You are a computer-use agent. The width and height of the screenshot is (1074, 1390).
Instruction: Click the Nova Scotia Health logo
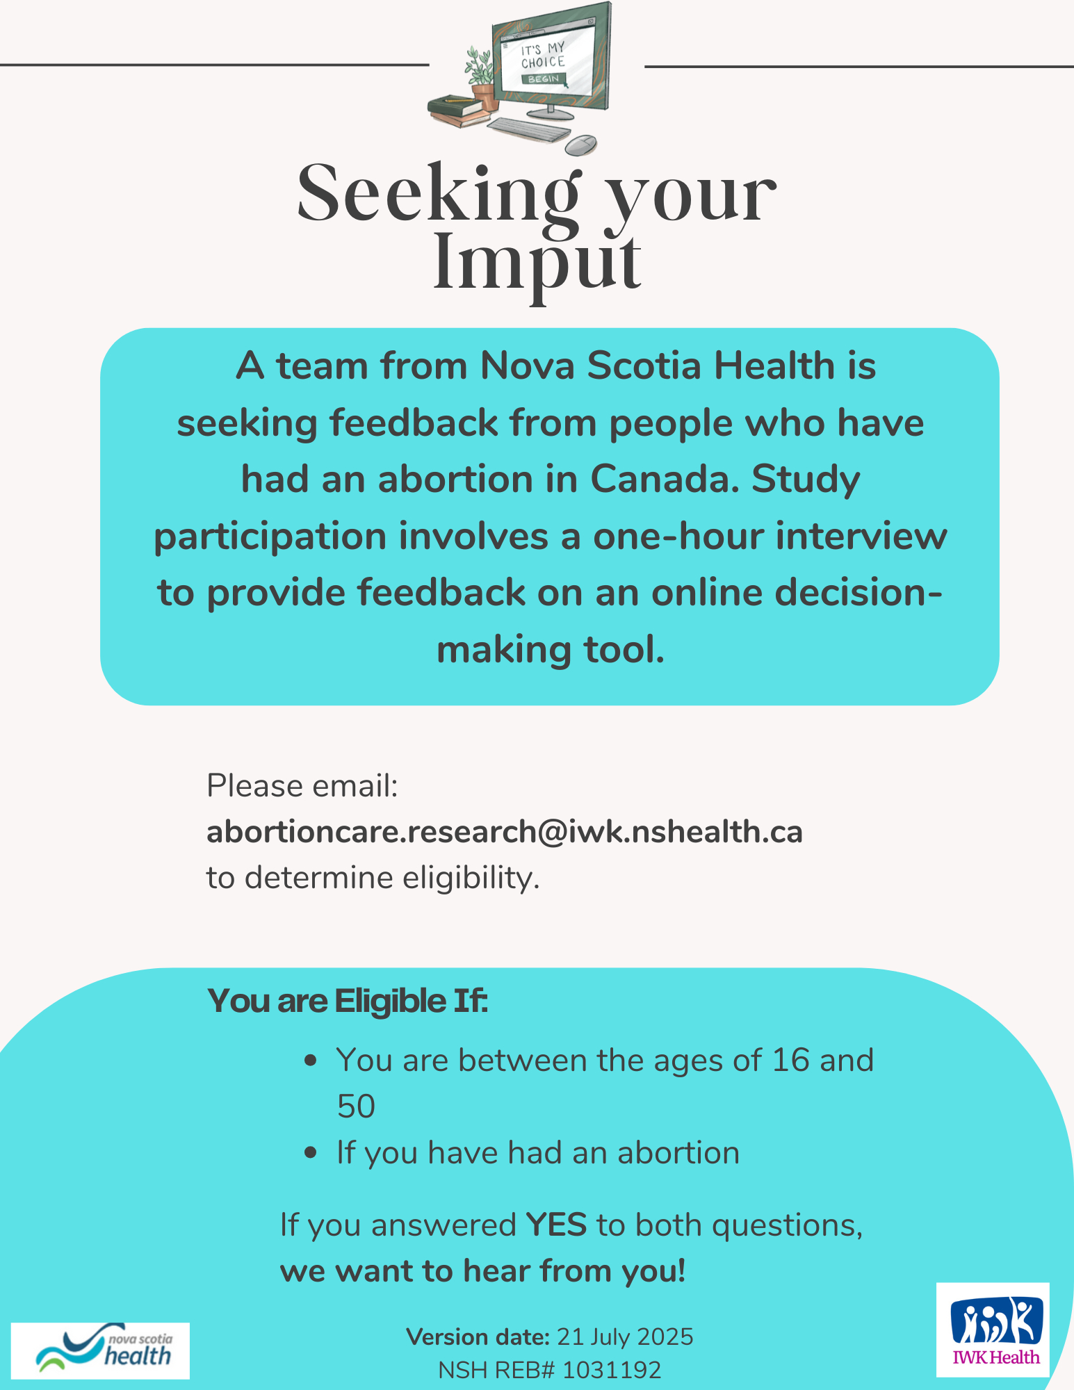(100, 1350)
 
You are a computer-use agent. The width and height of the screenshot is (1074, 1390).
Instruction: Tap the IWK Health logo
(993, 1329)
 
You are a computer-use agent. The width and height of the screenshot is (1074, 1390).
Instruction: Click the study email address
(504, 832)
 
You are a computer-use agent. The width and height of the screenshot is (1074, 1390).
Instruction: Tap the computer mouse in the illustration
(580, 145)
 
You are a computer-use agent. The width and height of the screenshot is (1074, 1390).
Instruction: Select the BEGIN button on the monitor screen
(544, 79)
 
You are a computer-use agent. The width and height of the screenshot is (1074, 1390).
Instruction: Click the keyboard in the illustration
(530, 129)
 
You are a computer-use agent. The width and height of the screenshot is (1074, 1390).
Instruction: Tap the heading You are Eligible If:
(348, 1001)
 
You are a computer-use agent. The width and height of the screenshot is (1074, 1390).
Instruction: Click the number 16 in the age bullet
(791, 1061)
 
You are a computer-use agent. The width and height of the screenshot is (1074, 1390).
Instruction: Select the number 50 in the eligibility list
(356, 1106)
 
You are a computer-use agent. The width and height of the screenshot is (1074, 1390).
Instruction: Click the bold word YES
(556, 1225)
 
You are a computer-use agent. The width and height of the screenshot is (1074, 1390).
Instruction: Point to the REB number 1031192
(612, 1370)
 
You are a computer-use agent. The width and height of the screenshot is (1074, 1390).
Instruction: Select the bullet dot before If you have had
(311, 1153)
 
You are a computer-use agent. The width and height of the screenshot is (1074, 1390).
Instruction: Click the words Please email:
(302, 786)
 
